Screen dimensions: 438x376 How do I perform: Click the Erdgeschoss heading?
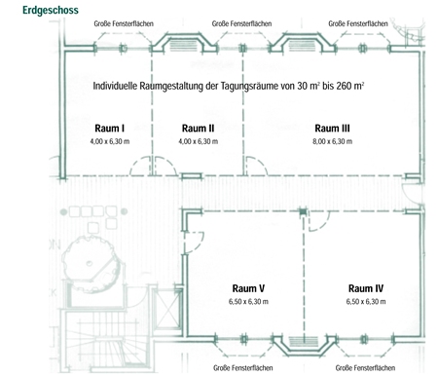(51, 11)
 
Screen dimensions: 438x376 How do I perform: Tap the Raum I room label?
(110, 129)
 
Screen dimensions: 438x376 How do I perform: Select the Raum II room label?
(198, 129)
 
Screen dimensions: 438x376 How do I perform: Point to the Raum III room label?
(332, 129)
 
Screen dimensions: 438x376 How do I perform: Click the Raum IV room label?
(366, 288)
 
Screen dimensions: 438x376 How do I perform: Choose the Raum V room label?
(248, 288)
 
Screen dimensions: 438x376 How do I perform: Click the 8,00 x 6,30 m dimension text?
(332, 141)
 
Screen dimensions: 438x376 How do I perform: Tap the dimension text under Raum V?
(248, 302)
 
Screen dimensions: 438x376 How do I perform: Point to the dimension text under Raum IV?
(366, 302)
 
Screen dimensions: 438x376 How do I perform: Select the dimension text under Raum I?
(110, 141)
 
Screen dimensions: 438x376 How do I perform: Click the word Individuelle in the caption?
(115, 86)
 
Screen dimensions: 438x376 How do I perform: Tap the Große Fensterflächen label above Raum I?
(124, 23)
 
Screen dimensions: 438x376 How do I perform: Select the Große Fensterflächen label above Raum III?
(358, 23)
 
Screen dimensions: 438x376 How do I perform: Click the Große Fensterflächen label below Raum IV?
(365, 368)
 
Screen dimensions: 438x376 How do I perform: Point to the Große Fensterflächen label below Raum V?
(243, 368)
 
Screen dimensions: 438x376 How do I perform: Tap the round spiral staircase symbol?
(91, 264)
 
